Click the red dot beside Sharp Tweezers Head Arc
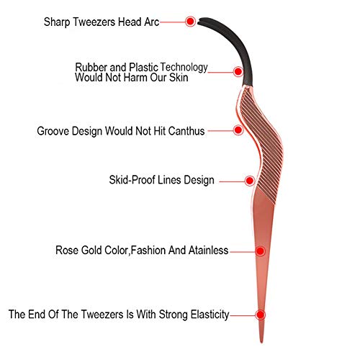point(190,22)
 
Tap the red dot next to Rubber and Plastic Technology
point(238,71)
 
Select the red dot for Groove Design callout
point(238,130)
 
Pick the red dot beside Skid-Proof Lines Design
point(250,181)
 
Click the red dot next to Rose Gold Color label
point(260,251)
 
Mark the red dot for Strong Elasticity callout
point(260,315)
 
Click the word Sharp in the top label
point(57,22)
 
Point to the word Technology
point(184,68)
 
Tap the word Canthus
point(186,131)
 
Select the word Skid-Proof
point(126,180)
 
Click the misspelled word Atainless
point(208,251)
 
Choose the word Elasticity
point(210,315)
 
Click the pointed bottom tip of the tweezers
point(261,342)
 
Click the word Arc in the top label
point(152,22)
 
